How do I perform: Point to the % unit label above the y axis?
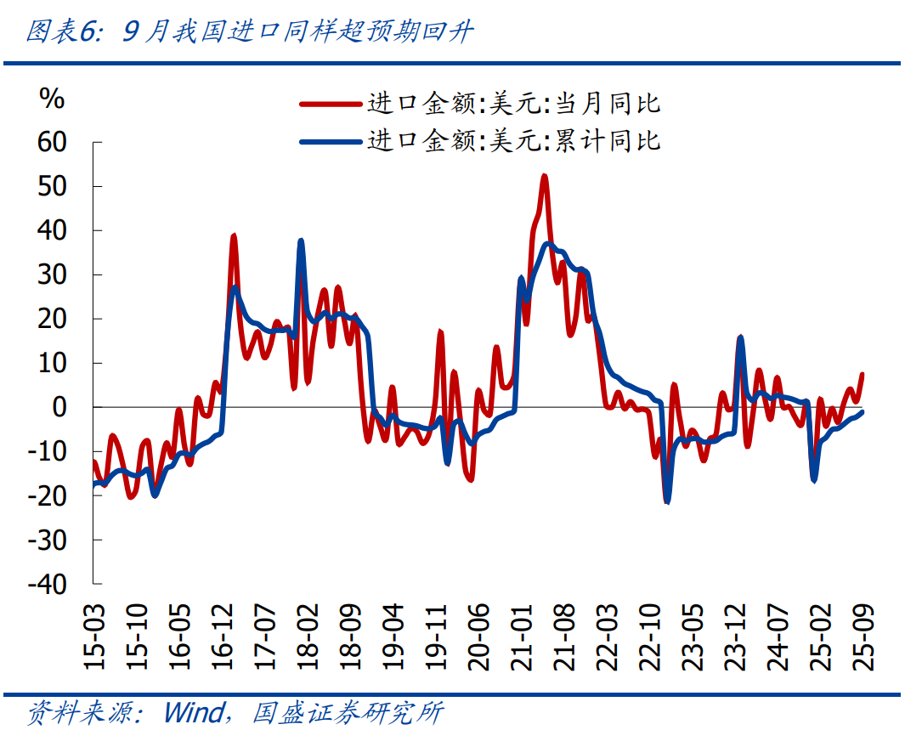click(52, 99)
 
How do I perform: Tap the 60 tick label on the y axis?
click(52, 142)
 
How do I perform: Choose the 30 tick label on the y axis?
click(52, 274)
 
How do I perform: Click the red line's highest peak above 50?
click(544, 176)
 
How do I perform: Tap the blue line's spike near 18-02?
click(301, 241)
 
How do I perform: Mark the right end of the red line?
click(863, 374)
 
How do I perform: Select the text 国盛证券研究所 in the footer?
click(348, 712)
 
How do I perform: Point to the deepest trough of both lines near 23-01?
click(667, 502)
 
